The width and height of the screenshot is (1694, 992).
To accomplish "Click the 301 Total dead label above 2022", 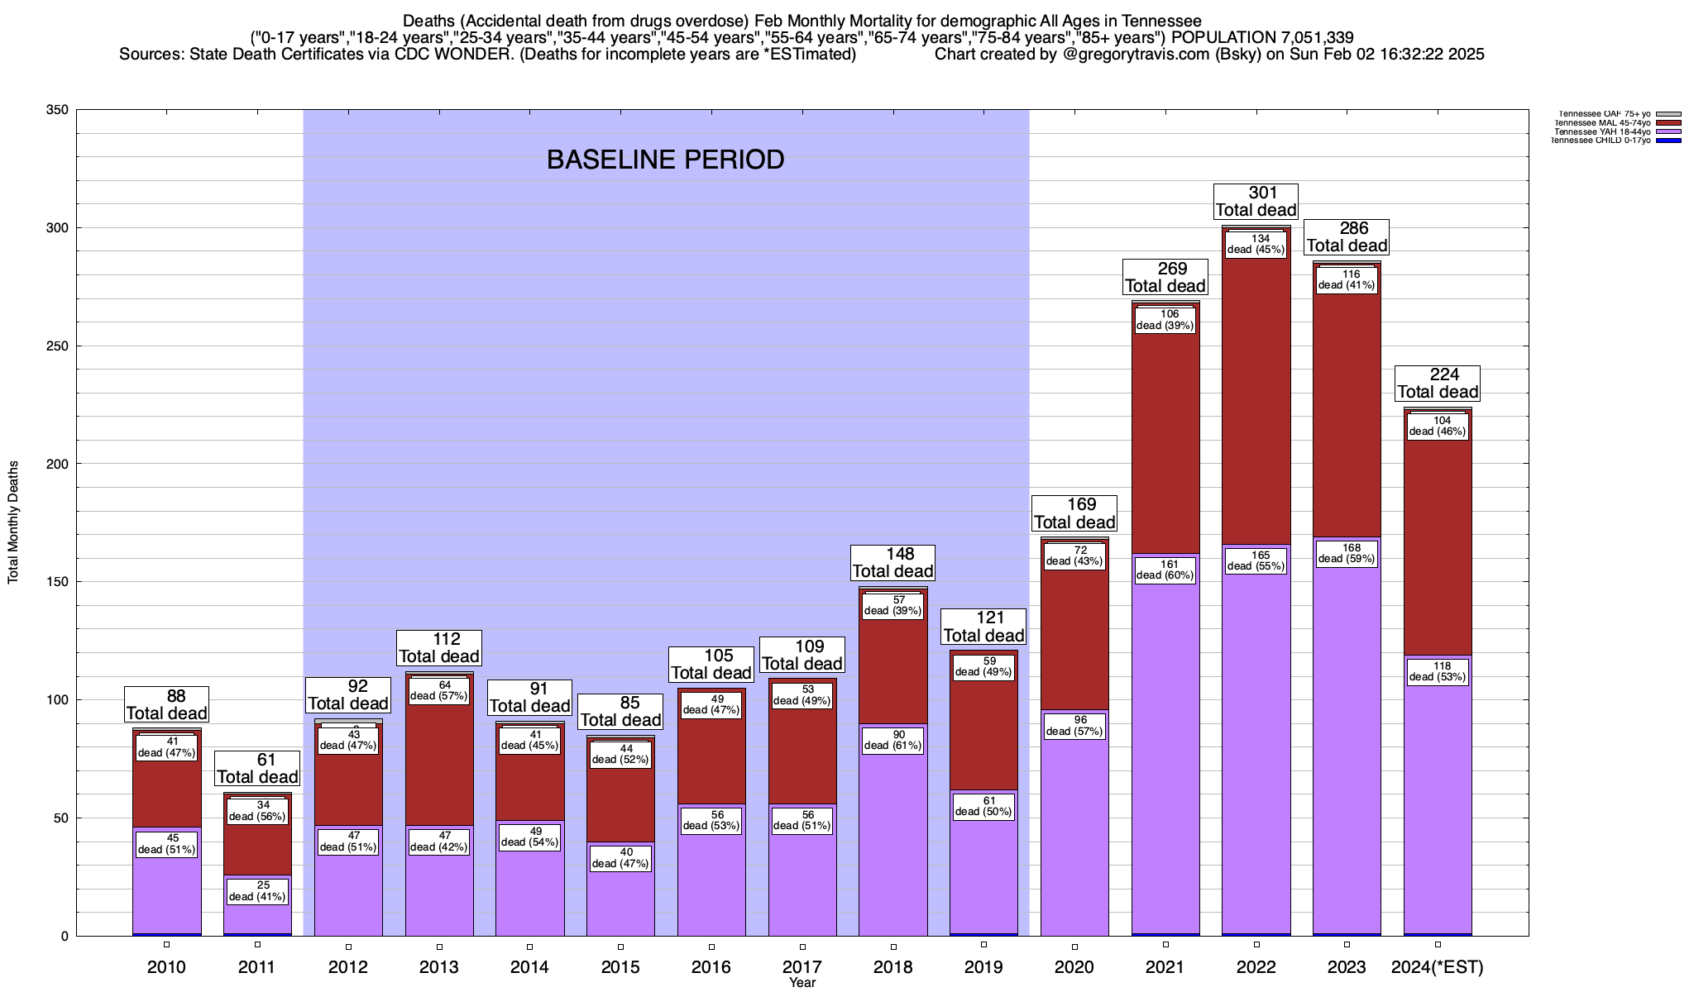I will pos(1256,202).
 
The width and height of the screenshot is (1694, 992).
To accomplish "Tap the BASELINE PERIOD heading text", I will pos(665,160).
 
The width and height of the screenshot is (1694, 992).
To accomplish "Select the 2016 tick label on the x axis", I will pos(711,967).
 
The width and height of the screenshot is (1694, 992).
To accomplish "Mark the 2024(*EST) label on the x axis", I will pos(1438,967).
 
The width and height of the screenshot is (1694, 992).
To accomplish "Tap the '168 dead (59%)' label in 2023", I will pos(1347,554).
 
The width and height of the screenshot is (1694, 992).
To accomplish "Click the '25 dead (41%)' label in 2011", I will pos(257,891).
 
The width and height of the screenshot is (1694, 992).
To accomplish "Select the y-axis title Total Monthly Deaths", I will pos(13,522).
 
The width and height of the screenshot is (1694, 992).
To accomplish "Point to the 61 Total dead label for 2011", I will pos(257,769).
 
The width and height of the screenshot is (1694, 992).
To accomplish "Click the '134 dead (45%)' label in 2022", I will pos(1256,245).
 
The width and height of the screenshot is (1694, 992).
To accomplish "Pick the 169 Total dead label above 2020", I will pos(1074,513).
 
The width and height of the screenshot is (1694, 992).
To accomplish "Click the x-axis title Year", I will pos(802,983).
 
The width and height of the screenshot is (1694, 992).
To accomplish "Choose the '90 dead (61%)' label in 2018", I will pos(893,740).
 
